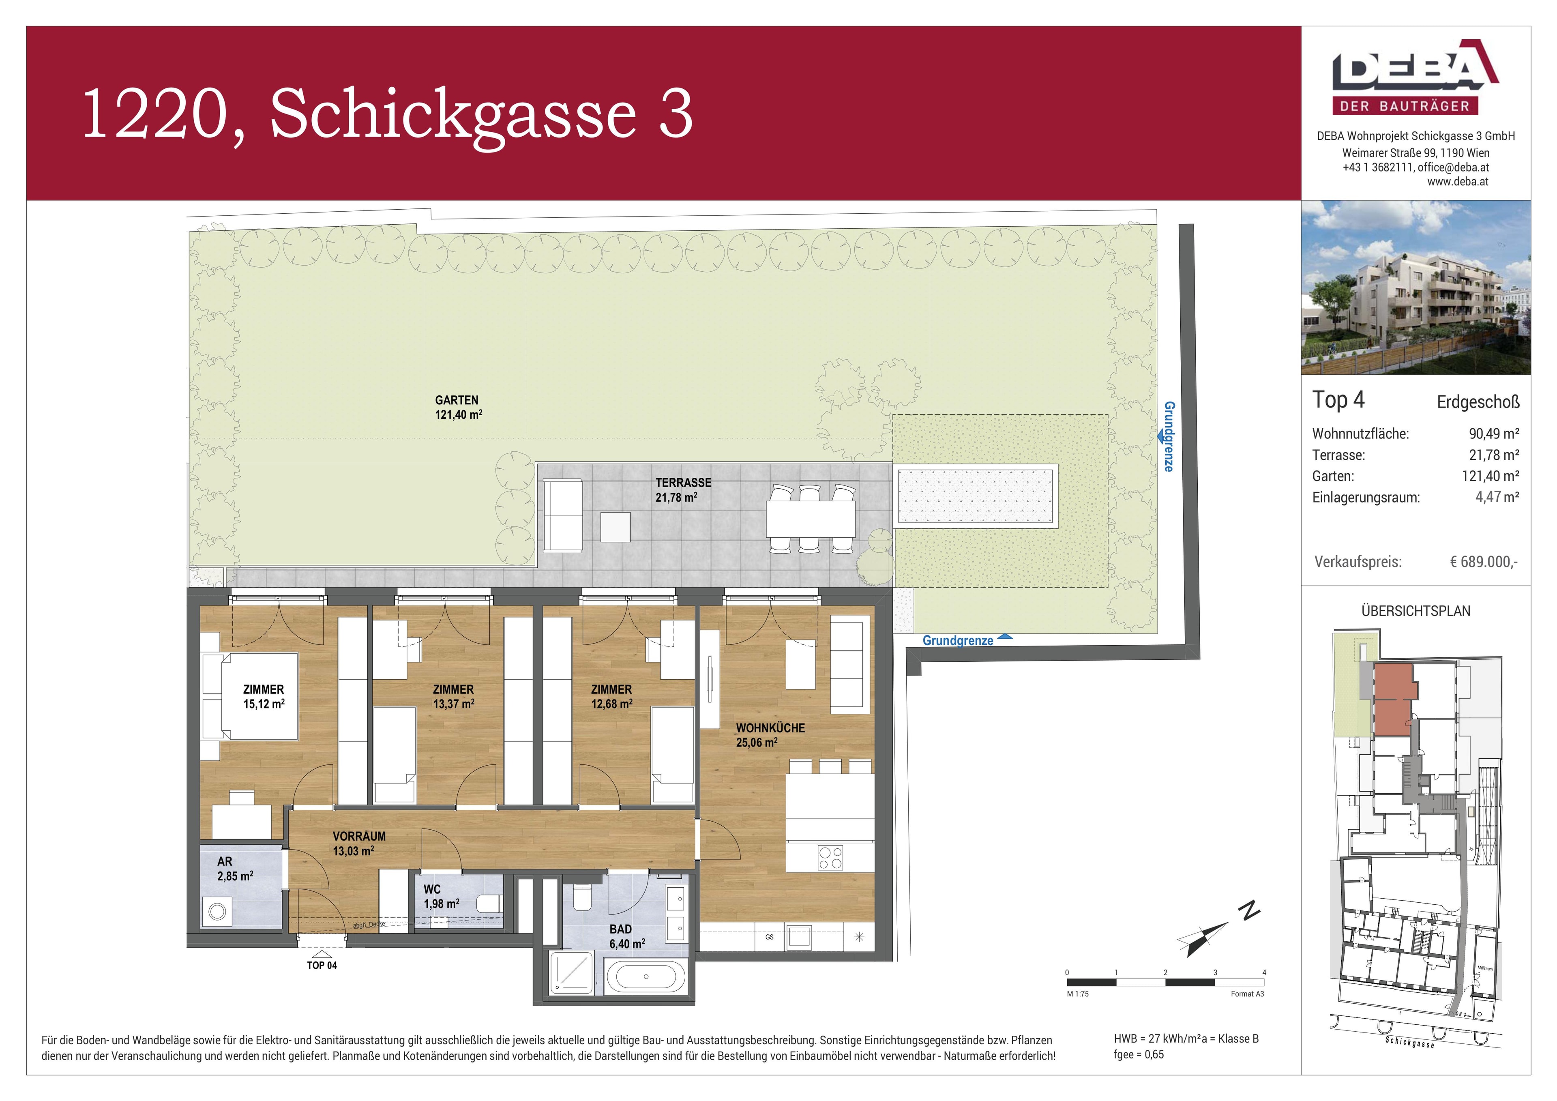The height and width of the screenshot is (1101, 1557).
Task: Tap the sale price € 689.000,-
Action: click(1484, 562)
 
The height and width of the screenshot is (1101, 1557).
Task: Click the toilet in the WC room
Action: click(489, 904)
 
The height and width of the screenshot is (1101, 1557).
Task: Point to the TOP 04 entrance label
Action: click(322, 965)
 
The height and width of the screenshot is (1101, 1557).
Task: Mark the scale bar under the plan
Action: click(1165, 982)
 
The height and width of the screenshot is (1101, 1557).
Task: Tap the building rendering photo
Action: click(1415, 288)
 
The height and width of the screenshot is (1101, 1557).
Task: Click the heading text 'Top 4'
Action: click(1338, 400)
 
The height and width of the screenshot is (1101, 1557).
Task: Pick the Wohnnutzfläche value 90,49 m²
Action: click(1494, 434)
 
